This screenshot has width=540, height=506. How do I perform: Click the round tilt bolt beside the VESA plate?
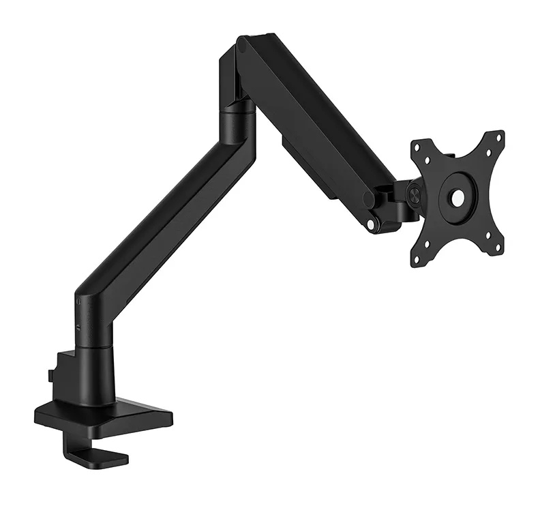click(413, 192)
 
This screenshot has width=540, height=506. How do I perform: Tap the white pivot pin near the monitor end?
click(371, 224)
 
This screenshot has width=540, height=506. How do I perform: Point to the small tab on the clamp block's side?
click(50, 374)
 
